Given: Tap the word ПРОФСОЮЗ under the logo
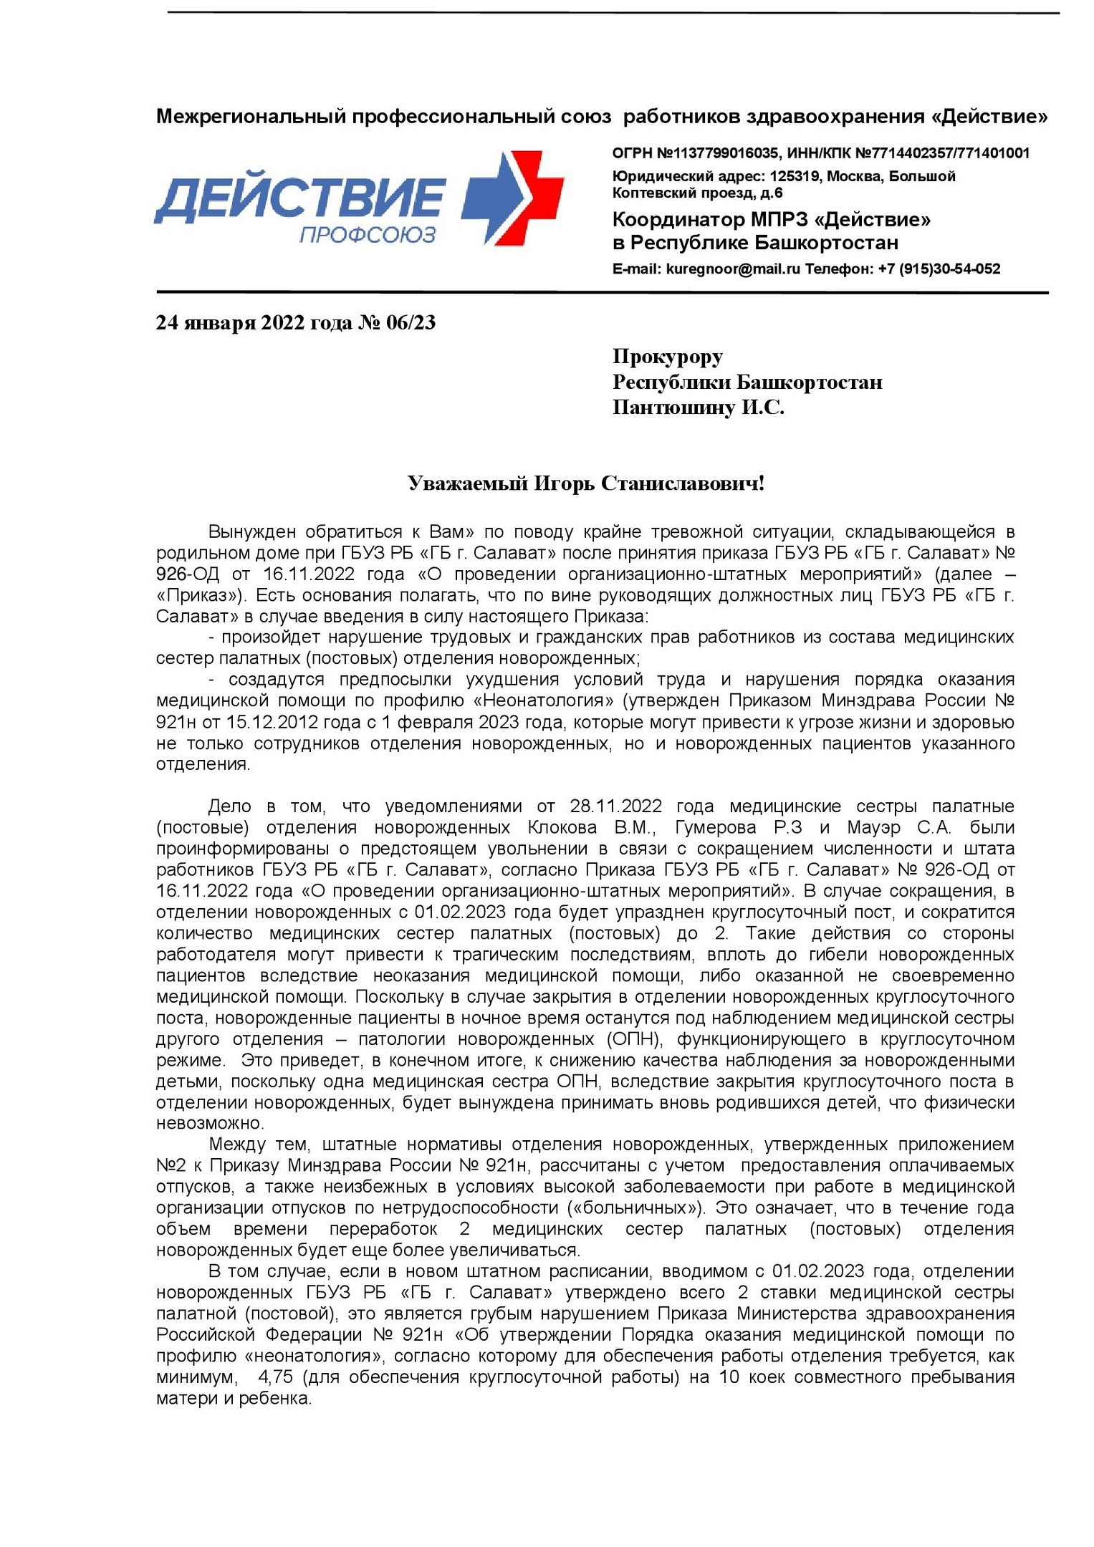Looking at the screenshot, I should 368,235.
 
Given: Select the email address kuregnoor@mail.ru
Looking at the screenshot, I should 733,269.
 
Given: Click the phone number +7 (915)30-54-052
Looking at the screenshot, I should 939,269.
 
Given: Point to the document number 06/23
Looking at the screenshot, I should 411,323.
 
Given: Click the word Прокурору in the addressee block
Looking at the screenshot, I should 668,356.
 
